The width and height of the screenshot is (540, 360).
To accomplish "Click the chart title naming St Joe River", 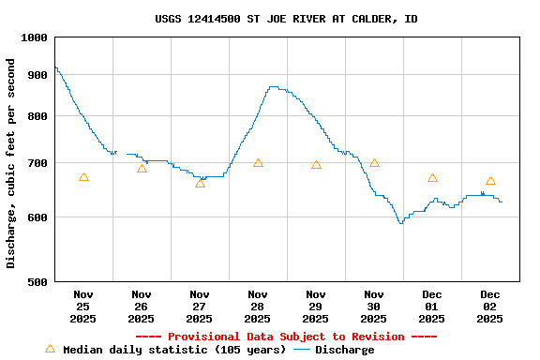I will click(286, 19).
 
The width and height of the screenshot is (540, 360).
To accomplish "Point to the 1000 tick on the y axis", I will click(33, 37).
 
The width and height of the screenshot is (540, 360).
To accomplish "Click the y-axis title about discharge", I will click(11, 163).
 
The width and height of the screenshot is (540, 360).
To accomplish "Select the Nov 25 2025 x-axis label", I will click(83, 307).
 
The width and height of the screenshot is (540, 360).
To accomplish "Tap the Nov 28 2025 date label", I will click(258, 307).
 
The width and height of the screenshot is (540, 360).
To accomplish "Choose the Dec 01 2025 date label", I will click(432, 307).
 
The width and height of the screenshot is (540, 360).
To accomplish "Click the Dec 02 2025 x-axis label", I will click(490, 307).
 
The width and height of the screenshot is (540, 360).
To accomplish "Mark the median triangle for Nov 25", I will click(83, 177).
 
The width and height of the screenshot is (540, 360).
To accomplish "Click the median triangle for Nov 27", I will click(200, 183).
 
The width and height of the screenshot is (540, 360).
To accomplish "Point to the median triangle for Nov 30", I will click(374, 163).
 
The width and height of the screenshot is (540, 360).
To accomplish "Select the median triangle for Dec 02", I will click(490, 181).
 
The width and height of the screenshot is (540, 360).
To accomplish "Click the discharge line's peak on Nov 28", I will click(273, 87).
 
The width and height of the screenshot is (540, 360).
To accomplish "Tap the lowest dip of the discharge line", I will click(400, 223).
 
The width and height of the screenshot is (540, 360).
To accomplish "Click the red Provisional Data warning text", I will click(286, 337).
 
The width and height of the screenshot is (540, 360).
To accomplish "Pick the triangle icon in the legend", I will click(50, 349).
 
